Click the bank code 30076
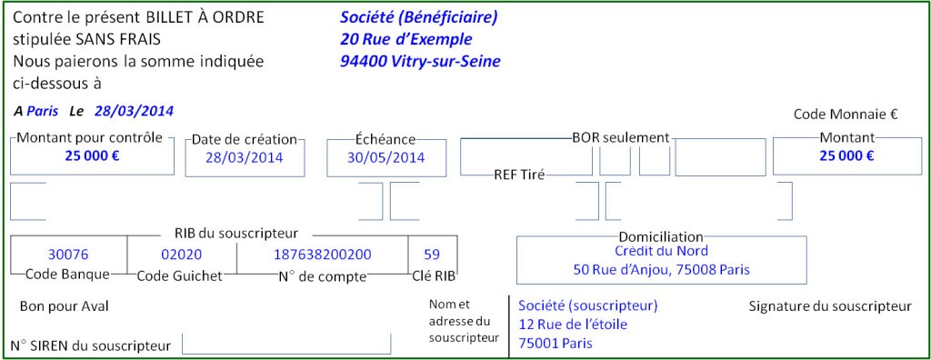(x=68, y=255)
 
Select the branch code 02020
(x=181, y=255)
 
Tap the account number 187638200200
(x=323, y=255)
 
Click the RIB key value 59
(x=432, y=255)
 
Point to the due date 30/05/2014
(x=386, y=157)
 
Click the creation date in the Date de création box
(x=244, y=157)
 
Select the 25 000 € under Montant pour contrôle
(x=92, y=155)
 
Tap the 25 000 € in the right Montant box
(x=846, y=155)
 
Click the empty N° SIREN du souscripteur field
(x=286, y=345)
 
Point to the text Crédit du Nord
(x=661, y=251)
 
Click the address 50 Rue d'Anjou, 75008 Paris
(x=661, y=270)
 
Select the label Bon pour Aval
(x=64, y=306)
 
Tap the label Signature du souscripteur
(x=829, y=306)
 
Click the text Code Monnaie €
(x=846, y=115)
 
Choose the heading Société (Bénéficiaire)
(x=419, y=17)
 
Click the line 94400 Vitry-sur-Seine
(x=420, y=62)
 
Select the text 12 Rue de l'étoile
(x=573, y=325)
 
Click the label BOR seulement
(x=620, y=138)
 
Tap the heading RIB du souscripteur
(x=235, y=234)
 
